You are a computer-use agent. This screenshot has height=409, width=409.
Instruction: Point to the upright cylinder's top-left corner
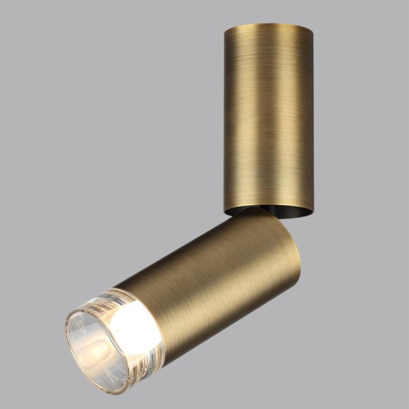(226, 29)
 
